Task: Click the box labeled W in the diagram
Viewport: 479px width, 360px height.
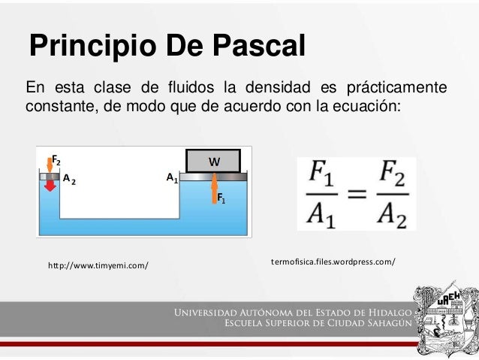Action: point(214,161)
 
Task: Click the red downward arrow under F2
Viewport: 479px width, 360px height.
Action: point(50,184)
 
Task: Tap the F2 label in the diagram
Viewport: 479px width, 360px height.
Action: point(56,160)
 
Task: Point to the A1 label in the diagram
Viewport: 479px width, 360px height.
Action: point(172,179)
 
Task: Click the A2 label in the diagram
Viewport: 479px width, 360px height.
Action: point(69,180)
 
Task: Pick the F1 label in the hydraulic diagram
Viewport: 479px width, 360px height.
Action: point(221,198)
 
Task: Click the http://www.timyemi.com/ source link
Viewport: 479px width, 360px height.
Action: point(98,265)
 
